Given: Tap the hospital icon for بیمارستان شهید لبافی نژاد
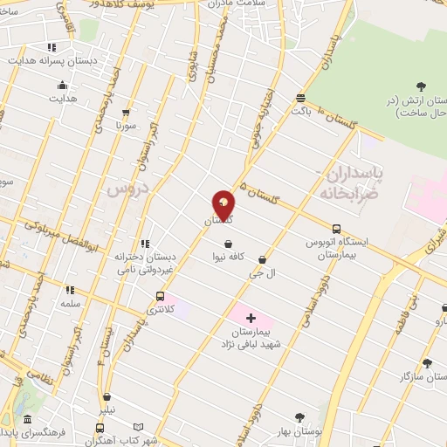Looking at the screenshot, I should pyautogui.click(x=251, y=318).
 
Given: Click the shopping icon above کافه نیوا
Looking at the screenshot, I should pyautogui.click(x=228, y=244).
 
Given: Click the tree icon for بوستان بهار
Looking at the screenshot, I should pyautogui.click(x=300, y=417).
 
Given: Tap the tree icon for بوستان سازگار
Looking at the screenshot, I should pyautogui.click(x=427, y=362).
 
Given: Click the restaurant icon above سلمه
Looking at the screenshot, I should pyautogui.click(x=70, y=289).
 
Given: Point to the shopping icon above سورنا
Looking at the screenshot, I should pyautogui.click(x=127, y=113).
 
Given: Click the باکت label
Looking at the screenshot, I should pyautogui.click(x=301, y=111).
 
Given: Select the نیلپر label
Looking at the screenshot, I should pyautogui.click(x=107, y=409).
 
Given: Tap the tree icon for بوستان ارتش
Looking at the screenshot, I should pyautogui.click(x=422, y=86).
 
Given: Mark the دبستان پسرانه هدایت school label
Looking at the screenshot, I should pyautogui.click(x=52, y=62).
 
